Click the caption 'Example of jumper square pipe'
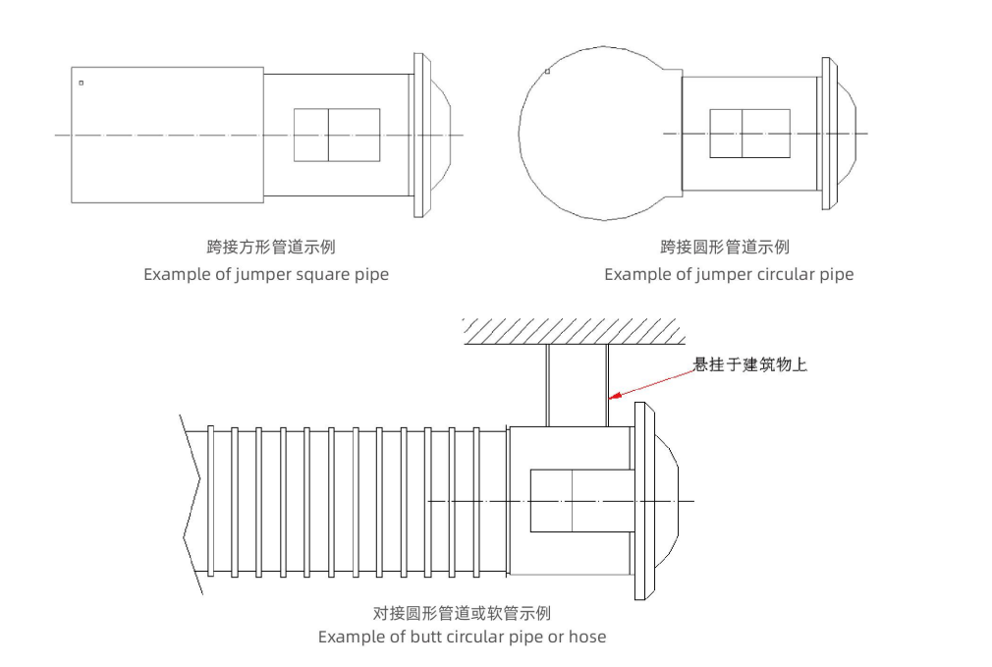(266, 274)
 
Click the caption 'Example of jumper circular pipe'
(729, 274)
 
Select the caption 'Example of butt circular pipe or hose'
(462, 637)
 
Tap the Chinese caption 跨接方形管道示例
(265, 247)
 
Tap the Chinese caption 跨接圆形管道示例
(728, 247)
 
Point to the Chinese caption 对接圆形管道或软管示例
(462, 613)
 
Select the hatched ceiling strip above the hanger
(574, 332)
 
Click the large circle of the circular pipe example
(589, 133)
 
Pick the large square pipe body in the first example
(167, 135)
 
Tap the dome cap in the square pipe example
(441, 134)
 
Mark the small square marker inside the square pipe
(81, 83)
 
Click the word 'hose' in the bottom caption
(586, 637)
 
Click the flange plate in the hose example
(644, 501)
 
